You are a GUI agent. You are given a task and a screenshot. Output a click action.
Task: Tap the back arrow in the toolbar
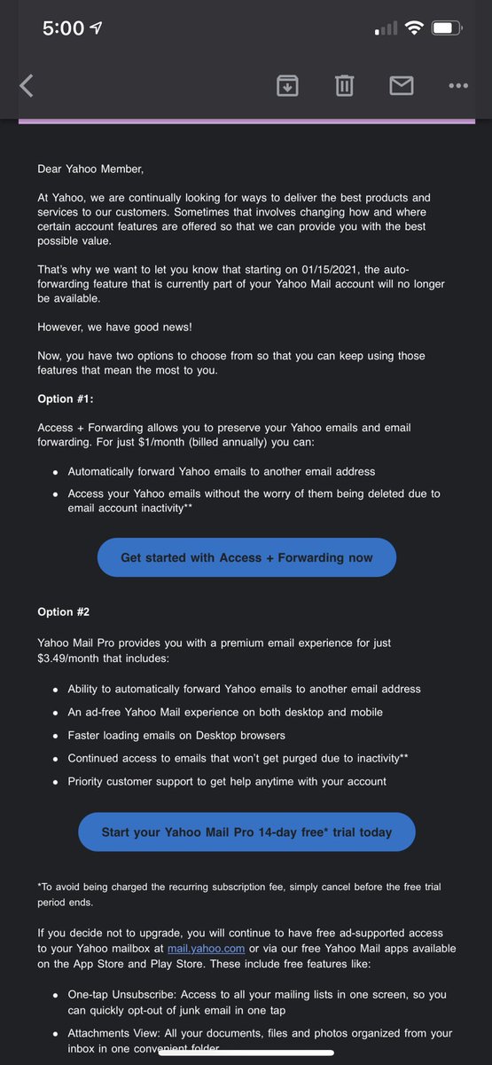(27, 85)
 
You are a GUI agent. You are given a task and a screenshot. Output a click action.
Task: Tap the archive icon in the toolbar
(287, 85)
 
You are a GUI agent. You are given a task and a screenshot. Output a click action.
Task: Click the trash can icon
(344, 85)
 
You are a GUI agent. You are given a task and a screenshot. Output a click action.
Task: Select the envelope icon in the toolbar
(402, 85)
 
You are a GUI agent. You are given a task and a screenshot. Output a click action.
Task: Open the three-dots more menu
(457, 85)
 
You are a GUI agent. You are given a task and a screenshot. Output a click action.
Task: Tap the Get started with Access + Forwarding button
(246, 557)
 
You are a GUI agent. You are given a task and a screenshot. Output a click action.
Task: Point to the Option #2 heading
(63, 611)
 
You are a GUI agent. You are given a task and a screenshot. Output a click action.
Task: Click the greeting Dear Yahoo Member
(90, 169)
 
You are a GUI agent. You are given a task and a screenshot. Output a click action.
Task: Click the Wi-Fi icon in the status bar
(413, 28)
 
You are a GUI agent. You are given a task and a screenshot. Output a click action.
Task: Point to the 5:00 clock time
(64, 28)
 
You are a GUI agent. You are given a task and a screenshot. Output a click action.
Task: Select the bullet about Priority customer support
(227, 781)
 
